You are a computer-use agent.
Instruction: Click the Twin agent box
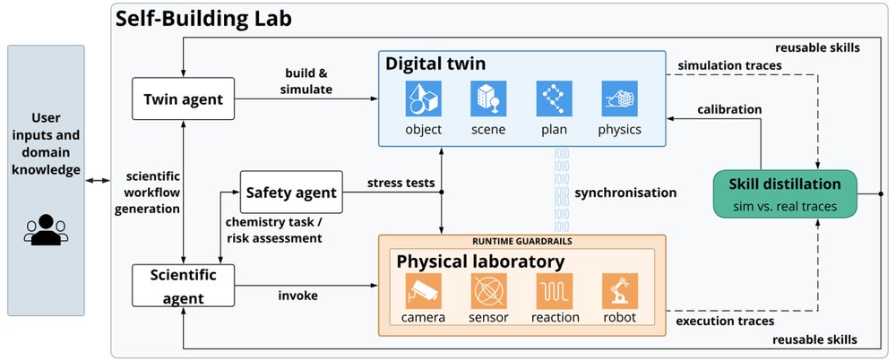click(184, 99)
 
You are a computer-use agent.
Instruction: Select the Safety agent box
click(291, 192)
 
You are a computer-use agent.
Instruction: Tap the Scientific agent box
click(184, 285)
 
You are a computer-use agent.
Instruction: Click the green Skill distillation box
click(785, 193)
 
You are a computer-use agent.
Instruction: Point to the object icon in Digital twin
click(424, 99)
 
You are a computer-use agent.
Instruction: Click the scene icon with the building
click(488, 99)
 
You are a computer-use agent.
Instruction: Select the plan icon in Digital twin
click(555, 99)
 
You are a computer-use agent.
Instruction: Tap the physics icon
click(619, 99)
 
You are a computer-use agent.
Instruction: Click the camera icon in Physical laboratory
click(424, 291)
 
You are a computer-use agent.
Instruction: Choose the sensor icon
click(488, 291)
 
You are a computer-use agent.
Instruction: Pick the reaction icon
click(555, 291)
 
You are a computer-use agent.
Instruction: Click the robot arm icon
click(619, 291)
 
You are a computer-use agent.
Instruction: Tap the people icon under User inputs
click(46, 230)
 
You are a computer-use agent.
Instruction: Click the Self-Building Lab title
click(204, 20)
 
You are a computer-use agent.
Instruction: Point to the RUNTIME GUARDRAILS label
click(521, 241)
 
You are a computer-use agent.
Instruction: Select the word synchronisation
click(625, 193)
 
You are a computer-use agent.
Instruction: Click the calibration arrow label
click(729, 108)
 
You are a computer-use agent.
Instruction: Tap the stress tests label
click(401, 184)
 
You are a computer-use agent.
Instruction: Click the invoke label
click(297, 296)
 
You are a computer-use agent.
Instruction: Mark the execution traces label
click(725, 321)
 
